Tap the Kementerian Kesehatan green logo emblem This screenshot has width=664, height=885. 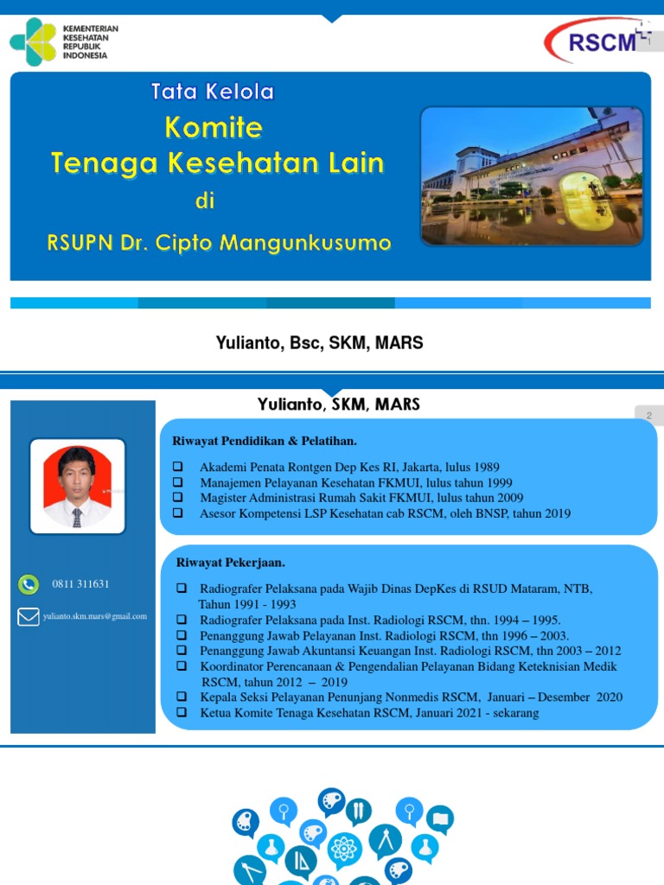click(33, 41)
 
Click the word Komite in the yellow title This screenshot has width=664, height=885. click(214, 128)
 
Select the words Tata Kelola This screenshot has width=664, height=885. click(213, 92)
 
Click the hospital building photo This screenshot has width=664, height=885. click(532, 175)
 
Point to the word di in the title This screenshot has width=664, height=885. click(204, 201)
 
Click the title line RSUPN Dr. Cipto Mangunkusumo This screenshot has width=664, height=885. click(219, 242)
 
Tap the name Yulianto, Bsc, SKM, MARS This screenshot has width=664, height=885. click(319, 343)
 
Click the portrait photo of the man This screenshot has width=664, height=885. click(78, 486)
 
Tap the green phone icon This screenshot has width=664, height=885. click(28, 584)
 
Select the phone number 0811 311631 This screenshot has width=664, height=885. click(80, 584)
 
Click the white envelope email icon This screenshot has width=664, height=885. click(28, 617)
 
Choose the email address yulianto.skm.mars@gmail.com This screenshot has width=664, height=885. click(95, 616)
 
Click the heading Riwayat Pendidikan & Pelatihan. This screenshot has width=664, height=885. click(265, 442)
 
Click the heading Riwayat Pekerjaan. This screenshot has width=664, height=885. click(231, 563)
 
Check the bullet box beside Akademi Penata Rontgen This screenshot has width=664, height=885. click(178, 468)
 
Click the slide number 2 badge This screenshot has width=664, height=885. click(648, 416)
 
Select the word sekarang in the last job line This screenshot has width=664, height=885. click(512, 713)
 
